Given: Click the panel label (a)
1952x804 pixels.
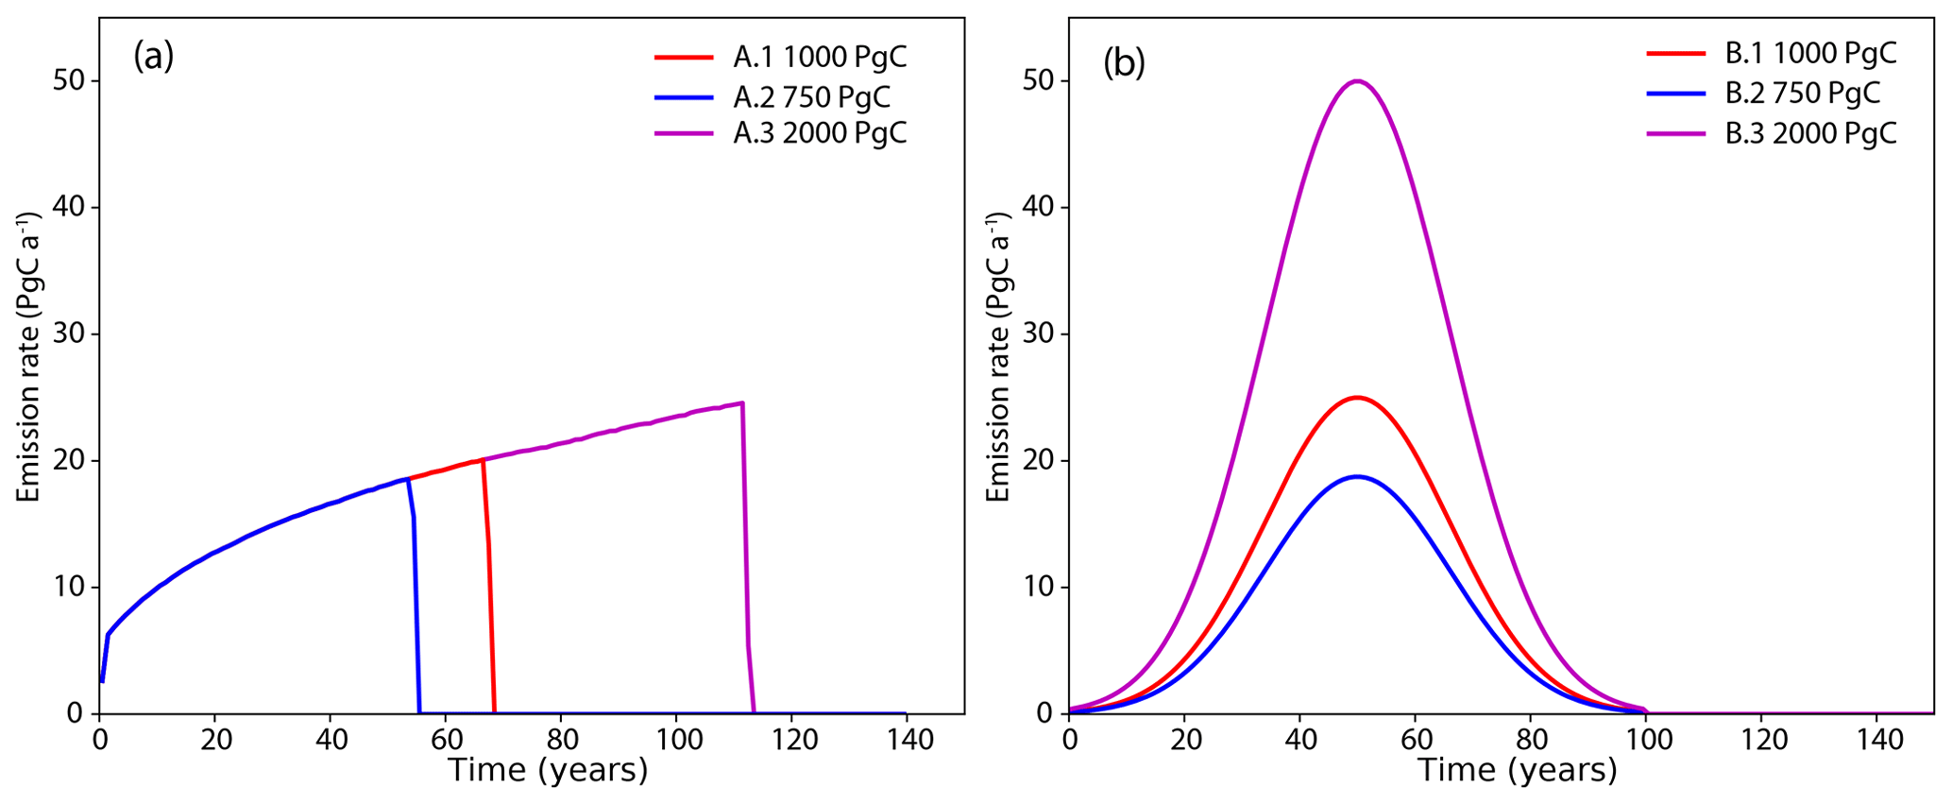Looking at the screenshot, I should pos(153,57).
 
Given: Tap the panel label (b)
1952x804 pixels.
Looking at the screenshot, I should pos(1124,62).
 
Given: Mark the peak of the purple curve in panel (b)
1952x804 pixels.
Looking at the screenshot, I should pos(1357,81).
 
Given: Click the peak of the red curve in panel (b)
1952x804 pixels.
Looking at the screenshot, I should pos(1357,398).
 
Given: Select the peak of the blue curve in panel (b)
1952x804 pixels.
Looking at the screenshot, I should pos(1357,476).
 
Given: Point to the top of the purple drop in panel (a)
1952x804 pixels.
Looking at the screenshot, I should pos(741,403).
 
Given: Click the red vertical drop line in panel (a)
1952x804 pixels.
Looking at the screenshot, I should pos(488,586).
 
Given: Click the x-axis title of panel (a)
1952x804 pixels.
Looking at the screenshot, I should pos(548,771).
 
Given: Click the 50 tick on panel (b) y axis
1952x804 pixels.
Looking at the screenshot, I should pos(1039,81).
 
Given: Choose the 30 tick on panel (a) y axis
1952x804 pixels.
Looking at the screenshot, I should pos(69,334).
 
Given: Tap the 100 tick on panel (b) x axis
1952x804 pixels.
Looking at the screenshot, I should pos(1646,738).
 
